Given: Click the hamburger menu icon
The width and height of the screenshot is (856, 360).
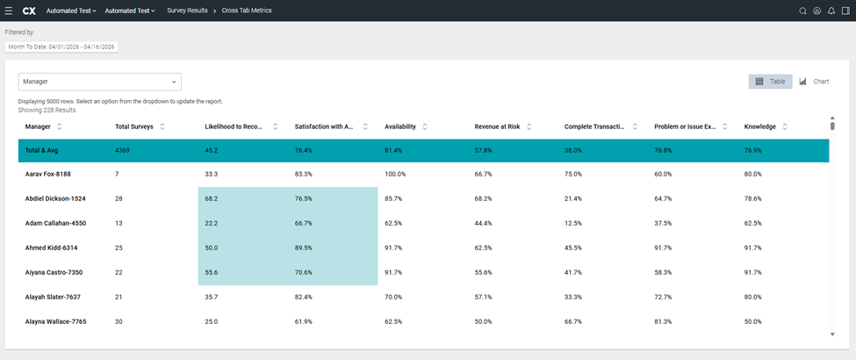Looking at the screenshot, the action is tap(9, 11).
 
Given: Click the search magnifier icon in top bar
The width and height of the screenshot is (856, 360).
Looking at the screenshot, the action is tap(802, 11).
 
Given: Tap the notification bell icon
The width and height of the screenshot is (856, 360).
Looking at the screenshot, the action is tap(831, 11).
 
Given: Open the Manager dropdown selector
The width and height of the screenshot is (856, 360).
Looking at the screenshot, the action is tap(100, 82).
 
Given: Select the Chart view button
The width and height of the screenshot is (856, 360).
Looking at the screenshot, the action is tap(814, 82).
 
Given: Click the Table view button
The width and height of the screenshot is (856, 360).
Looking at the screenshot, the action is tap(770, 82).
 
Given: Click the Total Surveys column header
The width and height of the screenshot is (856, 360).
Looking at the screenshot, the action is tap(134, 126).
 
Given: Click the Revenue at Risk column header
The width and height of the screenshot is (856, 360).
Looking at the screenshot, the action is tap(497, 126).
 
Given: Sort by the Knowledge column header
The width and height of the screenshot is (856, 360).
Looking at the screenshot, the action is tap(760, 126).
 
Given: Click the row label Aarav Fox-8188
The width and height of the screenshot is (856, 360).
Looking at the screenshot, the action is tap(48, 174).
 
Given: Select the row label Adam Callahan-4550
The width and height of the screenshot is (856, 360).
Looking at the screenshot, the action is tap(55, 223).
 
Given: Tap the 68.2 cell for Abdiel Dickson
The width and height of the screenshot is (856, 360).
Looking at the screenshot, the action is tap(211, 198).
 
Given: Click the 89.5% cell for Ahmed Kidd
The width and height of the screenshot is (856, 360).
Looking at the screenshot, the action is tap(304, 248).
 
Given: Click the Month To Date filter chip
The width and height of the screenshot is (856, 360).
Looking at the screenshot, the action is tap(61, 47).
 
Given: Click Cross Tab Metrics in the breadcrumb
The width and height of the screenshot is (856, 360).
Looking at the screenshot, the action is tap(247, 11).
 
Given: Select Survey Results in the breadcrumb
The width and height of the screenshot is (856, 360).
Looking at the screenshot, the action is tap(187, 11).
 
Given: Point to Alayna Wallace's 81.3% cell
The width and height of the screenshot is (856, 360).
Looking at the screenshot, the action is tap(664, 321).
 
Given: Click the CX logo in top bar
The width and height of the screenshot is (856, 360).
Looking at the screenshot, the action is tap(30, 11).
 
